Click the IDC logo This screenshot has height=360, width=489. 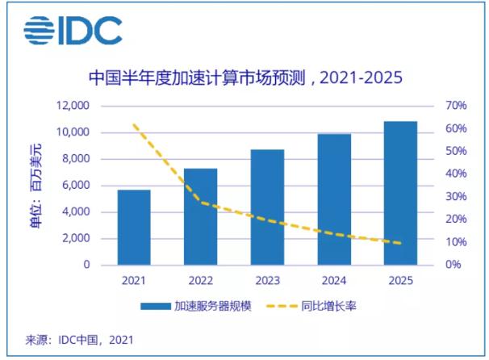(x=73, y=31)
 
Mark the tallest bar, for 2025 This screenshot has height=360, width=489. (x=400, y=193)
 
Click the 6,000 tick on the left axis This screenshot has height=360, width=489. (x=73, y=186)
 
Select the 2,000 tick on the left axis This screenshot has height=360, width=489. (x=73, y=238)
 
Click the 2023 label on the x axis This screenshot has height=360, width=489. (x=267, y=280)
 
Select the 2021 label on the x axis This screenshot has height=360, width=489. (x=134, y=280)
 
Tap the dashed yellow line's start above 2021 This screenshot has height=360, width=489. (x=134, y=125)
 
